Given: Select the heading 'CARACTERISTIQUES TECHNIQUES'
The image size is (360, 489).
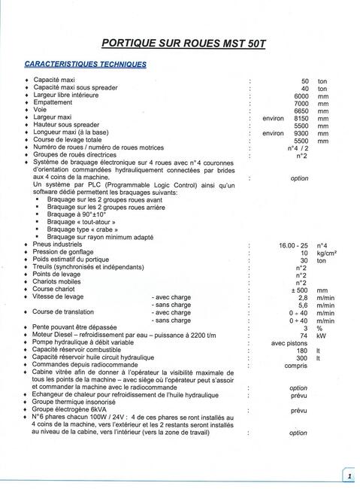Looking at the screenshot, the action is point(86,64).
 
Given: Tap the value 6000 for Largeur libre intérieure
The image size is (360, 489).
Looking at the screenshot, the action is point(301,96).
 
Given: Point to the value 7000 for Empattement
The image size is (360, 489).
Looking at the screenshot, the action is point(301,104).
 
